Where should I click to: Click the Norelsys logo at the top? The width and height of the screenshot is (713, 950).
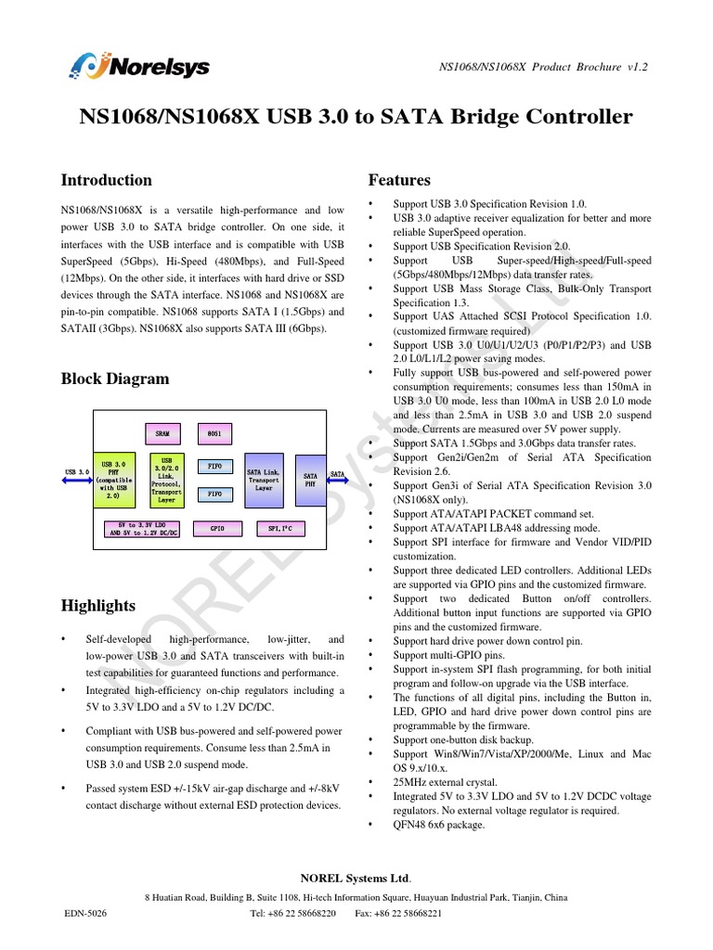139,67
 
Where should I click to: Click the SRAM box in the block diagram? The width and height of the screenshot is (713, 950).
162,433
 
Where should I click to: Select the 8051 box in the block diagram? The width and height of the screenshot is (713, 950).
213,433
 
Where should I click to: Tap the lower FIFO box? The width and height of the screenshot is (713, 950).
214,494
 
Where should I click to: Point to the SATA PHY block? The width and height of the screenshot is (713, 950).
311,480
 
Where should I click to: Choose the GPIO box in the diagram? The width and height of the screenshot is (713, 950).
217,529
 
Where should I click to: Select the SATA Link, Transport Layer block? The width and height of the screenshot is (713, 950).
264,480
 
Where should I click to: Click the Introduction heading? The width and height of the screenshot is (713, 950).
106,180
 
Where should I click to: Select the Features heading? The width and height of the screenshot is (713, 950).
399,180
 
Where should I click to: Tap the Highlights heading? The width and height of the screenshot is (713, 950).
98,606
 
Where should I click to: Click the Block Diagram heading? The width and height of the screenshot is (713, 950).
115,379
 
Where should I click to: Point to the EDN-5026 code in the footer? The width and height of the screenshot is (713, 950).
85,914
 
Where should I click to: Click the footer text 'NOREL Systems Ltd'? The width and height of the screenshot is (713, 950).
356,879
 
